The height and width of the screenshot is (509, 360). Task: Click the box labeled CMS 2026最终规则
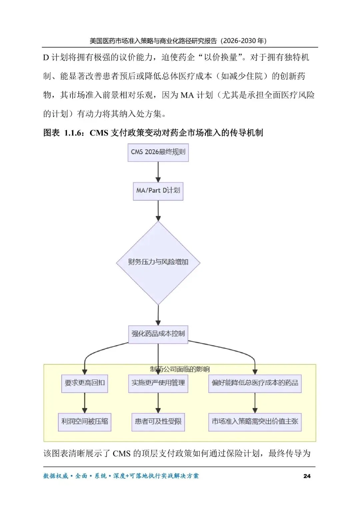pyautogui.click(x=158, y=152)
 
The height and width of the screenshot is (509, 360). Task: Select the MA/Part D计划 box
pyautogui.click(x=158, y=191)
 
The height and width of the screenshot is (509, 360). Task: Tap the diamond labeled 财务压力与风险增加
pyautogui.click(x=158, y=263)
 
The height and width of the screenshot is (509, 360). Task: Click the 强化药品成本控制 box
pyautogui.click(x=158, y=334)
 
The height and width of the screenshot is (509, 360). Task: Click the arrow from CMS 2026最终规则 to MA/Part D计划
pyautogui.click(x=158, y=172)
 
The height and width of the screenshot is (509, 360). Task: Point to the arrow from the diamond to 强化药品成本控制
pyautogui.click(x=158, y=315)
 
